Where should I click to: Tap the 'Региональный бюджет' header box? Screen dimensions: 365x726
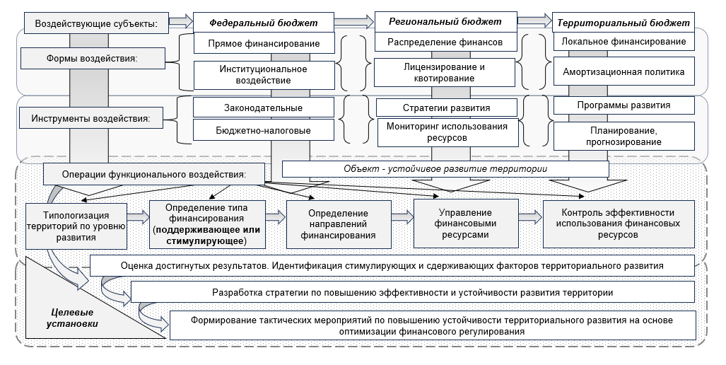tap(445, 21)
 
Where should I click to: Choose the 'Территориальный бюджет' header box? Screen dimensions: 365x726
tap(623, 23)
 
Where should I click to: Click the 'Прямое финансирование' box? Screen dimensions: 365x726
tap(263, 43)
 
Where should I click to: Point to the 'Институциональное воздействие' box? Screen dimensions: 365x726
tap(263, 75)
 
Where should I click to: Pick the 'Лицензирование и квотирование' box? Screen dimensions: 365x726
tap(445, 72)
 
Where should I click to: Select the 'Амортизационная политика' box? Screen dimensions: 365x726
tap(623, 72)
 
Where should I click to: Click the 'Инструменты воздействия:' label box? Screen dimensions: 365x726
tap(90, 118)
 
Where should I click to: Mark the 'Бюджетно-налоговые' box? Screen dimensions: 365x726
tap(263, 130)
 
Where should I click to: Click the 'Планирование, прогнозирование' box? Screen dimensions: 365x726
tap(623, 137)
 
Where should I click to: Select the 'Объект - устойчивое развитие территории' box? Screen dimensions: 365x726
tap(445, 168)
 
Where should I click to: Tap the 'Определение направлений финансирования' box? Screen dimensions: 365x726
tap(338, 224)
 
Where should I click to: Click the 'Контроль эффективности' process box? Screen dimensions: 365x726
tap(617, 224)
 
